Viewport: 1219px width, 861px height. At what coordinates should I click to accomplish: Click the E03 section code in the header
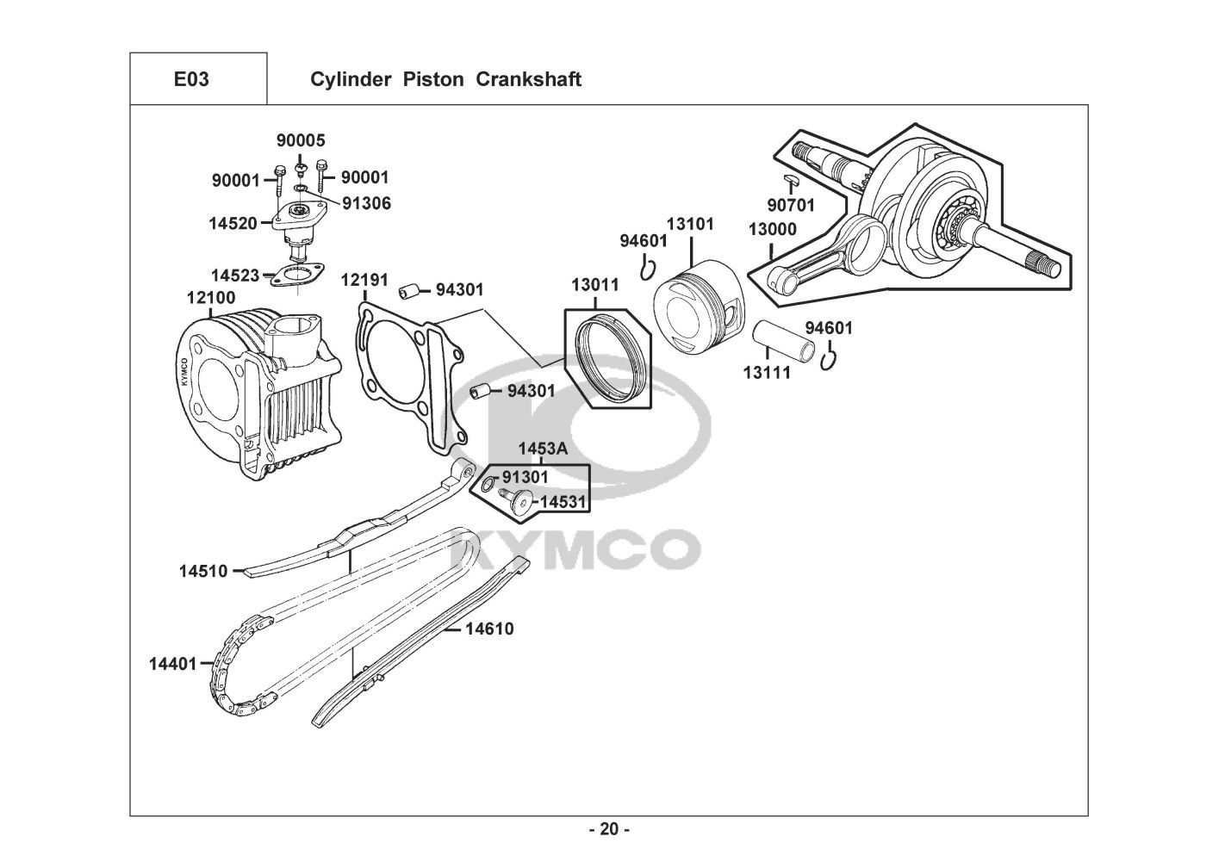point(191,79)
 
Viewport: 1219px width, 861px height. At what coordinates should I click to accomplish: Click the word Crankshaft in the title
point(528,79)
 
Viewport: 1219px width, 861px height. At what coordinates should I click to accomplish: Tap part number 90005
point(301,140)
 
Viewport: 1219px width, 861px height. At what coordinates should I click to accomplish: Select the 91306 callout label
point(367,203)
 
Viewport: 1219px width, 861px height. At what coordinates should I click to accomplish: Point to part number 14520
point(233,223)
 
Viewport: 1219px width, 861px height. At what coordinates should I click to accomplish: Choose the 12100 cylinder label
point(211,298)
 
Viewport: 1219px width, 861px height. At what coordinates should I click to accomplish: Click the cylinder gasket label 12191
point(364,280)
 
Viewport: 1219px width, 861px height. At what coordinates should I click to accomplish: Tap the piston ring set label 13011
point(595,284)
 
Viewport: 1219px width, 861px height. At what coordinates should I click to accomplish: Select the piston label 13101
point(691,224)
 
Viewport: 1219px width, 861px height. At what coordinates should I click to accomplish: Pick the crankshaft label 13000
point(772,229)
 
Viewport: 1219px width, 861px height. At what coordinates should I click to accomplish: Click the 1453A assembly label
point(543,449)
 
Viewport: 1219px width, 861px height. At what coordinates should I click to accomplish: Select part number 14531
point(563,501)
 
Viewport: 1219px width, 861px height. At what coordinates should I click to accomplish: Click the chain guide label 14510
point(203,571)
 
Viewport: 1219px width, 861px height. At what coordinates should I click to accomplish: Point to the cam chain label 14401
point(173,664)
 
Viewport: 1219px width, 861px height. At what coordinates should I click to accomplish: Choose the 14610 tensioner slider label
point(490,629)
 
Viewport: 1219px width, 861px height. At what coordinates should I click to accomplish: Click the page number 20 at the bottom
point(610,829)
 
